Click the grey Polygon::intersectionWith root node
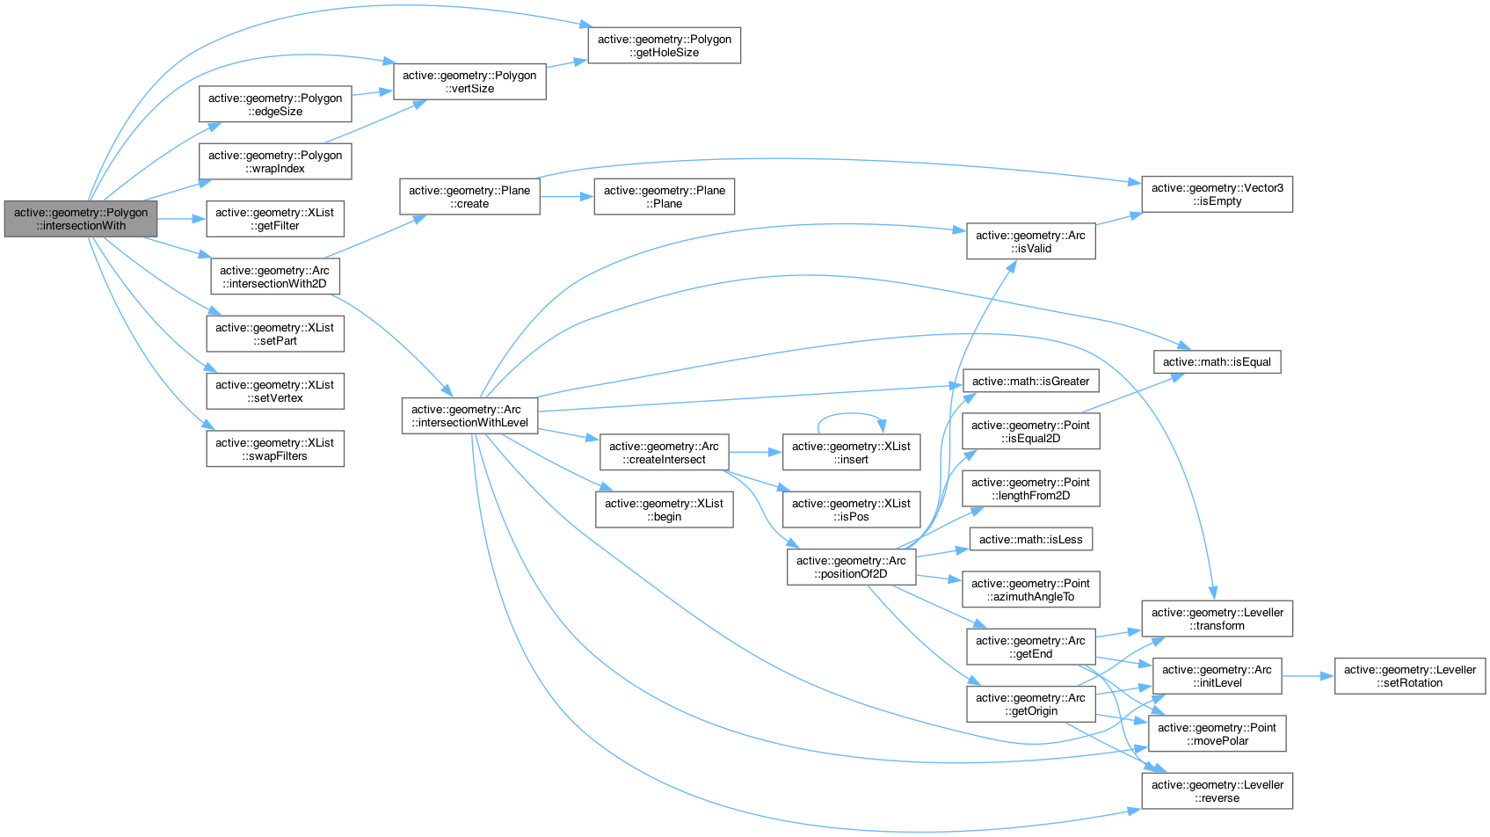coord(81,219)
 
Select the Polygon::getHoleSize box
coord(664,46)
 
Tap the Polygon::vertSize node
coord(469,82)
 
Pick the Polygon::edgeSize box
coord(275,105)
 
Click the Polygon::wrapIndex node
coord(275,162)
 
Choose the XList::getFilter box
coord(275,219)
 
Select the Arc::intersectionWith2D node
coord(275,277)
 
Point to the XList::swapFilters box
coord(275,449)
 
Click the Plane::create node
coord(469,197)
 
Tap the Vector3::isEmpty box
coord(1217,194)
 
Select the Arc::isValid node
coord(1030,242)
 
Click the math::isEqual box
coord(1217,362)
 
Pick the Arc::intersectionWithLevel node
coord(469,416)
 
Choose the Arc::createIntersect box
coord(664,453)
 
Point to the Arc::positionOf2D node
coord(851,567)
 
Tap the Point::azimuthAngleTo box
coord(1030,590)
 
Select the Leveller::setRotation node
coord(1410,676)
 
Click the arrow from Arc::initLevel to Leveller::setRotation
coord(1308,676)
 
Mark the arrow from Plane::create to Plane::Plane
coord(567,197)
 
